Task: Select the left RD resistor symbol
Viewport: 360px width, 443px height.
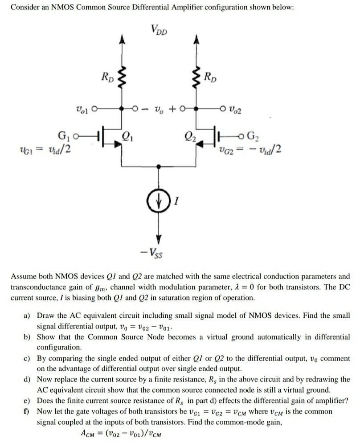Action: tap(124, 78)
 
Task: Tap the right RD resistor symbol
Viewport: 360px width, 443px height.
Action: tap(194, 78)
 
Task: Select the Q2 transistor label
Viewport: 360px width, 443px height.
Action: tap(184, 134)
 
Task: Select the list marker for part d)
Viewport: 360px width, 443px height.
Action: tap(27, 379)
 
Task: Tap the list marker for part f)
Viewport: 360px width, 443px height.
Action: tap(27, 411)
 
